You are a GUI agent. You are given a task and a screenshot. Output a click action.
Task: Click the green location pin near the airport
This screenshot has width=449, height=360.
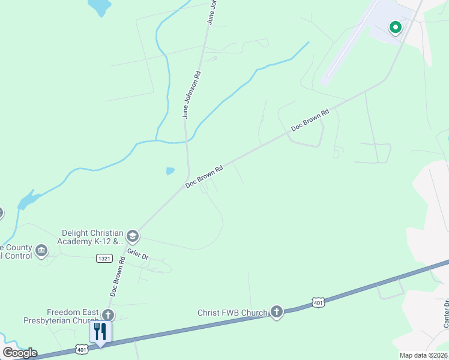(x=395, y=27)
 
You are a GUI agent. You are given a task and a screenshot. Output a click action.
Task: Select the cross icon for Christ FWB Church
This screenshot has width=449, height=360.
(x=276, y=311)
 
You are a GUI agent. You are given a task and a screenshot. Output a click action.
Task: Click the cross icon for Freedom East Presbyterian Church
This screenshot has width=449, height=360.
(x=107, y=315)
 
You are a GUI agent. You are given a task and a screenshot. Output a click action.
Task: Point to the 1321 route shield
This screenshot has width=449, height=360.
(x=104, y=257)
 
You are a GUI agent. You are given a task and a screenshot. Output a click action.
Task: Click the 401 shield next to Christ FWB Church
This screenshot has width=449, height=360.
(x=318, y=303)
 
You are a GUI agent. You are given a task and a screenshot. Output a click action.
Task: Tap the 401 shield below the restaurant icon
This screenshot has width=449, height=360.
(x=82, y=349)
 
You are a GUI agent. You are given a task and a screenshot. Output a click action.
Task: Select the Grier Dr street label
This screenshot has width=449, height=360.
(x=137, y=254)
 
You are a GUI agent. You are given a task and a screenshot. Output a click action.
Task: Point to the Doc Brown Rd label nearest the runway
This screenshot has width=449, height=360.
(x=310, y=120)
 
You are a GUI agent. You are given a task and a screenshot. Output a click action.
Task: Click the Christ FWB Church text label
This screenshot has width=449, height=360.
(x=232, y=313)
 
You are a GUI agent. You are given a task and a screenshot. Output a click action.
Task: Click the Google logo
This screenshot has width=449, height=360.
(x=20, y=353)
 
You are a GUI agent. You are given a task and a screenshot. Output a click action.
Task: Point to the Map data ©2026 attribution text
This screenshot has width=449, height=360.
(x=423, y=355)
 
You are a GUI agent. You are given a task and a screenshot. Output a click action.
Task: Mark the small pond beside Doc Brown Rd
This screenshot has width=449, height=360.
(x=170, y=171)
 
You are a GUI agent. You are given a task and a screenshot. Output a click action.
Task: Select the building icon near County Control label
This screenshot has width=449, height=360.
(x=41, y=250)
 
